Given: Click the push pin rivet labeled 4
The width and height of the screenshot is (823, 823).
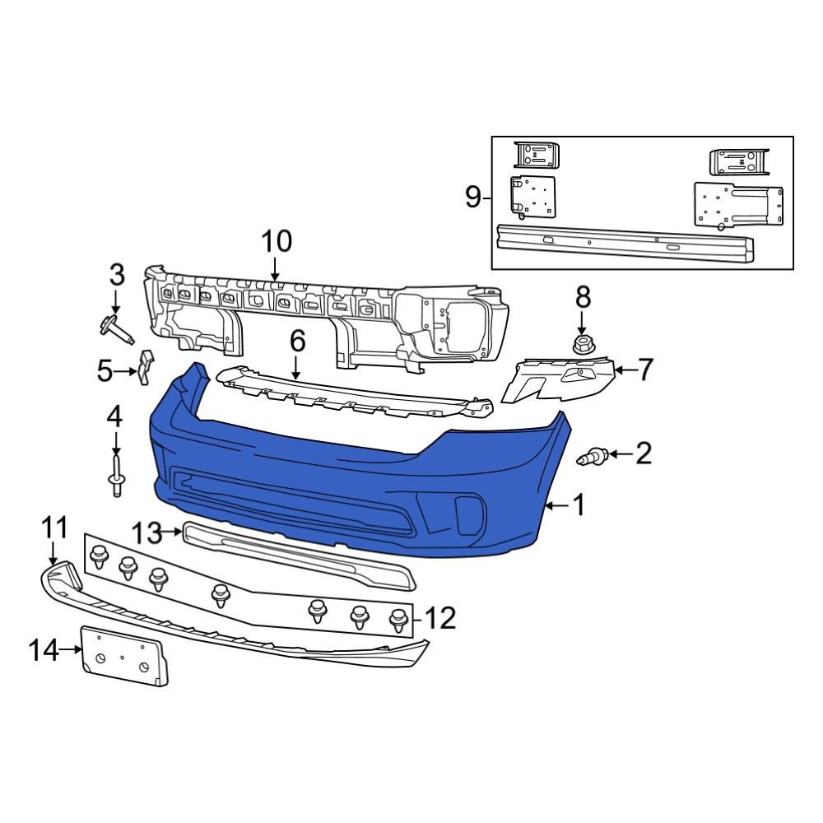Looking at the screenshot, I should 115,477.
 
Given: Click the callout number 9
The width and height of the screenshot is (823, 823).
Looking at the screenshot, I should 472,198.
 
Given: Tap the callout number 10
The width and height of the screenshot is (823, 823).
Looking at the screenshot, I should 277,242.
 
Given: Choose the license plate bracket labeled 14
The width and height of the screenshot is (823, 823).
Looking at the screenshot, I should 123,656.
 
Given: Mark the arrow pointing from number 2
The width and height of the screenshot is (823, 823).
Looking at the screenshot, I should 620,453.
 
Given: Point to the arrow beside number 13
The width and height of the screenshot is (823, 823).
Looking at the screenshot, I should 172,532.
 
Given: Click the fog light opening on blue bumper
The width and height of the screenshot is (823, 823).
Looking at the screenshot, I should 466,513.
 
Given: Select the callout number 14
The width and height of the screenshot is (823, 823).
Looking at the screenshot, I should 44,651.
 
